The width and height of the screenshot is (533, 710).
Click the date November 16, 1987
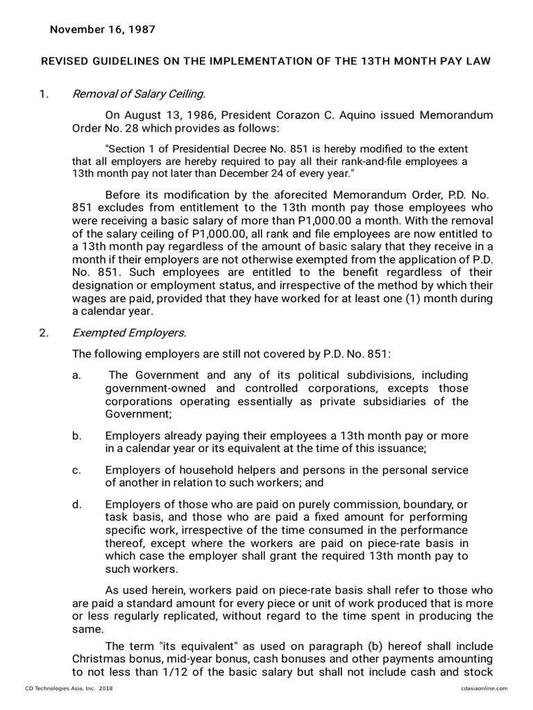102,30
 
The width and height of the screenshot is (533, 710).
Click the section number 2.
44,332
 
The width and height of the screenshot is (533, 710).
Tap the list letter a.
76,375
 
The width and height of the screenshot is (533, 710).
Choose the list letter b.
76,435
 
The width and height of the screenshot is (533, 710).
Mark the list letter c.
76,469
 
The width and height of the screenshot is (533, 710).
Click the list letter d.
76,503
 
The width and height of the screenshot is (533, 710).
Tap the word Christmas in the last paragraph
99,659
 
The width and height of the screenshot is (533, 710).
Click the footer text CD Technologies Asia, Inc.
59,688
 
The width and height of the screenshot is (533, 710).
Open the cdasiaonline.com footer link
483,688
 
